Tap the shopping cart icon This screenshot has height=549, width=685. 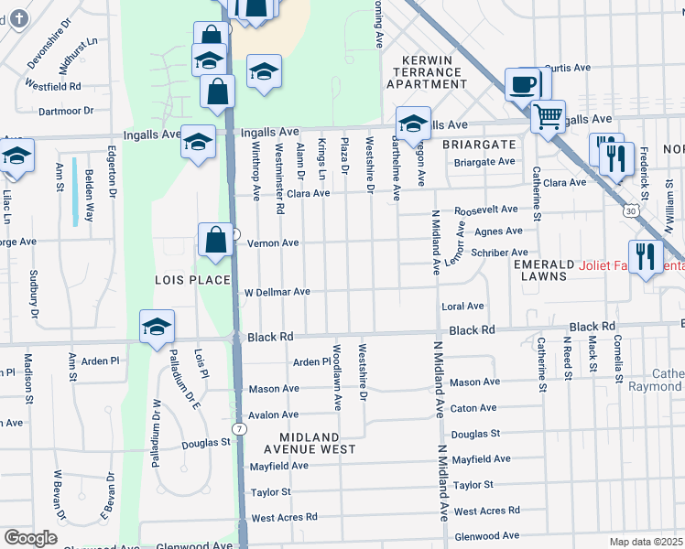pyautogui.click(x=548, y=116)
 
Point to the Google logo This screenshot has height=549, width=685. pyautogui.click(x=30, y=538)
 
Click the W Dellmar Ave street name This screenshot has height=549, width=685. pyautogui.click(x=277, y=292)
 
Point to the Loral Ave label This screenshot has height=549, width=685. pyautogui.click(x=462, y=307)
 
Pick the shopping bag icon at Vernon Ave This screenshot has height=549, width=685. pyautogui.click(x=214, y=241)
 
